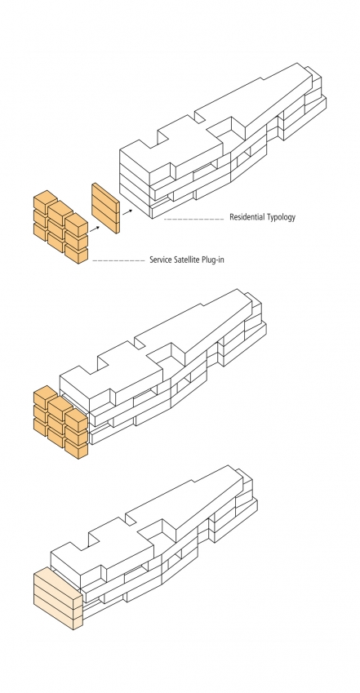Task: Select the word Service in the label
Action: tap(160, 260)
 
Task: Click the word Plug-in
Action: tap(213, 260)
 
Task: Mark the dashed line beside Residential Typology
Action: tap(193, 220)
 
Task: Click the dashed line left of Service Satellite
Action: tap(118, 260)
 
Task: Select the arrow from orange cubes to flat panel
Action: tap(94, 229)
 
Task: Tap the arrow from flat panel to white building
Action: tap(127, 211)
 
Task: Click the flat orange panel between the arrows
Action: tap(105, 208)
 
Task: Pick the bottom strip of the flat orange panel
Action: tap(105, 224)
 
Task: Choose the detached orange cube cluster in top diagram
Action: tap(60, 227)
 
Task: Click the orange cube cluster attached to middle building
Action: tap(60, 422)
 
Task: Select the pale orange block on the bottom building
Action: tap(58, 598)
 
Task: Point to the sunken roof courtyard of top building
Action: tap(225, 129)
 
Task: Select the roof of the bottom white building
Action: tap(141, 522)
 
